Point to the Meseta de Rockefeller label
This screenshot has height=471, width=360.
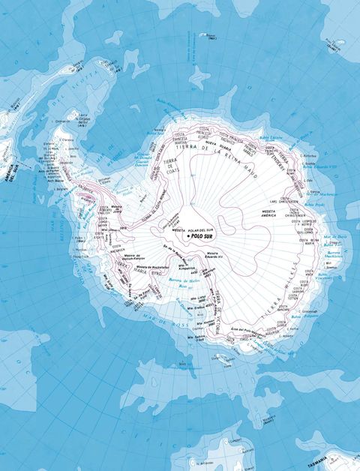150,266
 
